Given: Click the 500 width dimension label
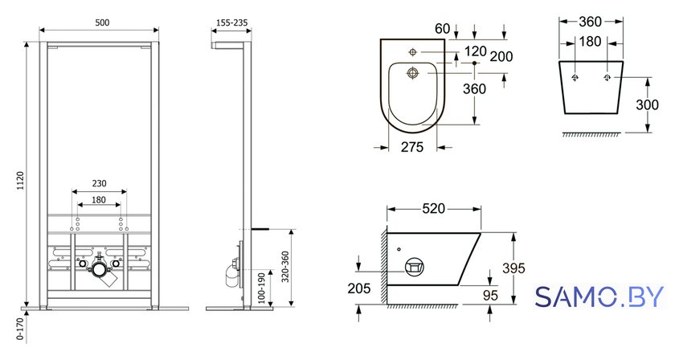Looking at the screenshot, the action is click(x=102, y=22).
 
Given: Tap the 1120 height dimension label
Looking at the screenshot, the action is click(x=21, y=182).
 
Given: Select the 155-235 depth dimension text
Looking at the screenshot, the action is click(x=231, y=22).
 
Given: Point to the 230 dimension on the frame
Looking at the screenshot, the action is click(x=99, y=183).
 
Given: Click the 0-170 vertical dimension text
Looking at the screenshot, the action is click(x=20, y=329).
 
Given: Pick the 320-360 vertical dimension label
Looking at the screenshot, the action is click(x=285, y=267).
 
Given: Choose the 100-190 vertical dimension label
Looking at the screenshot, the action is click(x=261, y=288).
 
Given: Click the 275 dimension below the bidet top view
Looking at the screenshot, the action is click(x=412, y=147).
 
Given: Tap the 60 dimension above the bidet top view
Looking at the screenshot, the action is click(x=442, y=28).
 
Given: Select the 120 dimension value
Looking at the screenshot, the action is click(x=475, y=51).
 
